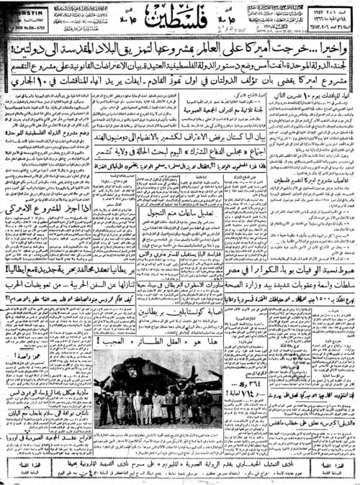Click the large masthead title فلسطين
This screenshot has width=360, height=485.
pyautogui.click(x=181, y=17)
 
